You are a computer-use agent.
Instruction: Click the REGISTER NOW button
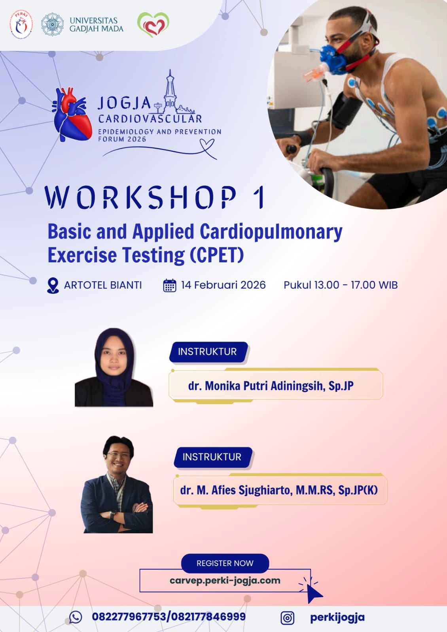225,563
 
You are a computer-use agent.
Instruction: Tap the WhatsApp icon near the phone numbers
76,617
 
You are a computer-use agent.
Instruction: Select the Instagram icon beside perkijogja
287,618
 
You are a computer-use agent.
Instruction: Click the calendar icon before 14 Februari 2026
170,285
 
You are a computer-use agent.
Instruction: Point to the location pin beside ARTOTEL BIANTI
53,286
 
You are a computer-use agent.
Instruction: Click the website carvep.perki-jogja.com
225,581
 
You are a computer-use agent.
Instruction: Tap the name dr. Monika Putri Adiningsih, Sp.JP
271,386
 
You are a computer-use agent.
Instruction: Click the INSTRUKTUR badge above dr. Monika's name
208,352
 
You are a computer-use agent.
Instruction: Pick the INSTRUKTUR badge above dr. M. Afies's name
213,457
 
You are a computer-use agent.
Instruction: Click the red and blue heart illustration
72,114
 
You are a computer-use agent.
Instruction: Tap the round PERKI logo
21,24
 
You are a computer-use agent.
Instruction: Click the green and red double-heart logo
153,24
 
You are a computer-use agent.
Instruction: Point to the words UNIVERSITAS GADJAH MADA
97,24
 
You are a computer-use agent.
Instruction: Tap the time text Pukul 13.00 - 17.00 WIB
341,285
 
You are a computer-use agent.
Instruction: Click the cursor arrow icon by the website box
314,592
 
